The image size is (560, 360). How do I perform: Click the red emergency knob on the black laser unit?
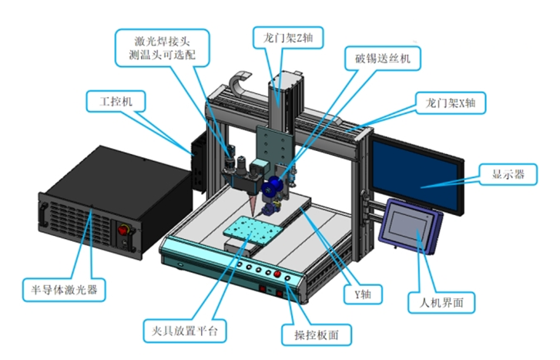[x=120, y=228]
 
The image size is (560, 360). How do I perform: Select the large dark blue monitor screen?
[x=419, y=174]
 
